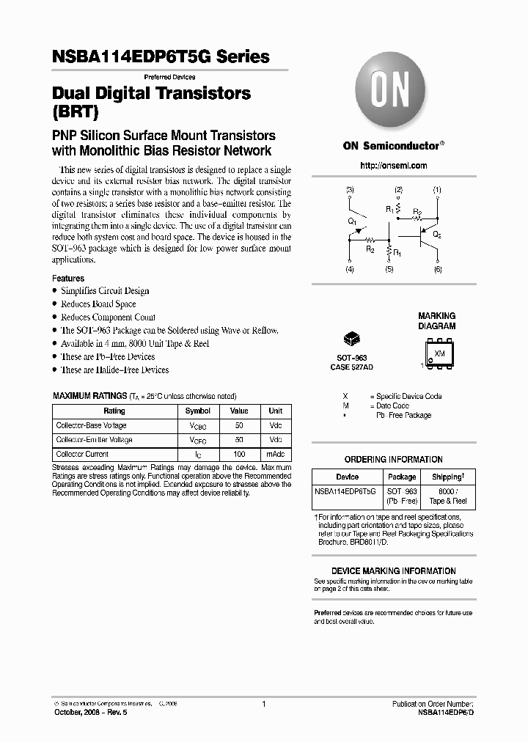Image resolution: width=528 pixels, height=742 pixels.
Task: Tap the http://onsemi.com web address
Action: [x=394, y=166]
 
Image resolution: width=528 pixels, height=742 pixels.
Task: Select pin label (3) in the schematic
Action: [x=350, y=190]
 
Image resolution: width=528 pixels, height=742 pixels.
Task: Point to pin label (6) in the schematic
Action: [x=438, y=270]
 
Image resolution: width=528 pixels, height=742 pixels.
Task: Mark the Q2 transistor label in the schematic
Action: [x=437, y=235]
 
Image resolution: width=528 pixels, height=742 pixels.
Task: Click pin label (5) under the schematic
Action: [x=389, y=270]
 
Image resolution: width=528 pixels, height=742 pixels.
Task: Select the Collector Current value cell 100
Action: [x=239, y=454]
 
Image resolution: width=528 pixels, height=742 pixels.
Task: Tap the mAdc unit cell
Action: [x=276, y=454]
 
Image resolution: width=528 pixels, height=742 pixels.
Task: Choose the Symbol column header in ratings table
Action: [x=198, y=411]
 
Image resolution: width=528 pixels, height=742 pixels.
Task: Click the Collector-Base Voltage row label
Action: [x=92, y=425]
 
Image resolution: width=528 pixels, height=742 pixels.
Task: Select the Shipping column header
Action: [x=447, y=477]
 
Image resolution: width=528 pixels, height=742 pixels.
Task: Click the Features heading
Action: [x=68, y=279]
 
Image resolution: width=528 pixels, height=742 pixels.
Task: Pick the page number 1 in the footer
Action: [x=263, y=703]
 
